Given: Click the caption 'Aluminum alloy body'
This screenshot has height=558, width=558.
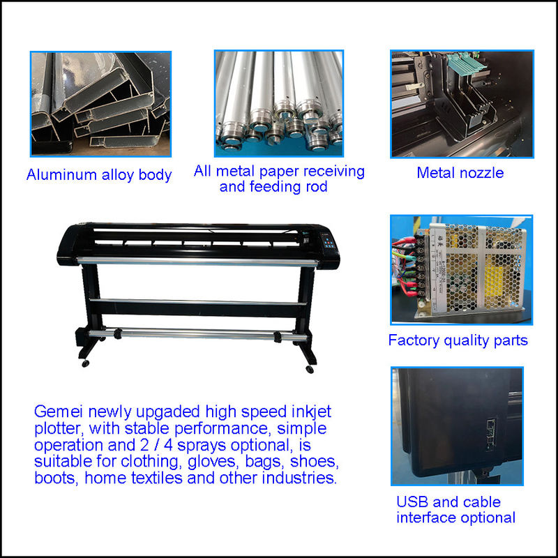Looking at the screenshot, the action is pyautogui.click(x=99, y=175).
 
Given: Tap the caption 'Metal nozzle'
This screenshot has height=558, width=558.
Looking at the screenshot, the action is pyautogui.click(x=460, y=173).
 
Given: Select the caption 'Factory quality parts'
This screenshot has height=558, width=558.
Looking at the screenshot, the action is pyautogui.click(x=458, y=340).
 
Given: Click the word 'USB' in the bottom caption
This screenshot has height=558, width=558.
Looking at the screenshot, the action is pyautogui.click(x=412, y=502).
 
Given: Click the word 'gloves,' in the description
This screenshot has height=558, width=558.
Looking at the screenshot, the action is pyautogui.click(x=212, y=462).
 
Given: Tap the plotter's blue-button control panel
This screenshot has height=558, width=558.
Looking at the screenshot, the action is pyautogui.click(x=329, y=243).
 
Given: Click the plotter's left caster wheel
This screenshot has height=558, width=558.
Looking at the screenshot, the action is pyautogui.click(x=85, y=363).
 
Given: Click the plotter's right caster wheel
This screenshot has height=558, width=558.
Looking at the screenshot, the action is pyautogui.click(x=310, y=370).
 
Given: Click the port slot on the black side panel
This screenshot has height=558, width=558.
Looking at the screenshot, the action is pyautogui.click(x=490, y=434).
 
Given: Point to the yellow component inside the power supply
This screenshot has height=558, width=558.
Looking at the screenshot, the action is pyautogui.click(x=495, y=281).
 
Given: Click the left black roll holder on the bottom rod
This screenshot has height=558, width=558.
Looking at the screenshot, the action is pyautogui.click(x=117, y=334).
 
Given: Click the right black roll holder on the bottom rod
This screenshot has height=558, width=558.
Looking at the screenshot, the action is pyautogui.click(x=278, y=337).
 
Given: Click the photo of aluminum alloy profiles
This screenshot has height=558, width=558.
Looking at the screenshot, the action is pyautogui.click(x=100, y=104).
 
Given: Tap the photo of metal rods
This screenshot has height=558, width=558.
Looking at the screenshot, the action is pyautogui.click(x=278, y=103).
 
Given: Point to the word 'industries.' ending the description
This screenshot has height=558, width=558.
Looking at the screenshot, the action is pyautogui.click(x=299, y=478).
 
